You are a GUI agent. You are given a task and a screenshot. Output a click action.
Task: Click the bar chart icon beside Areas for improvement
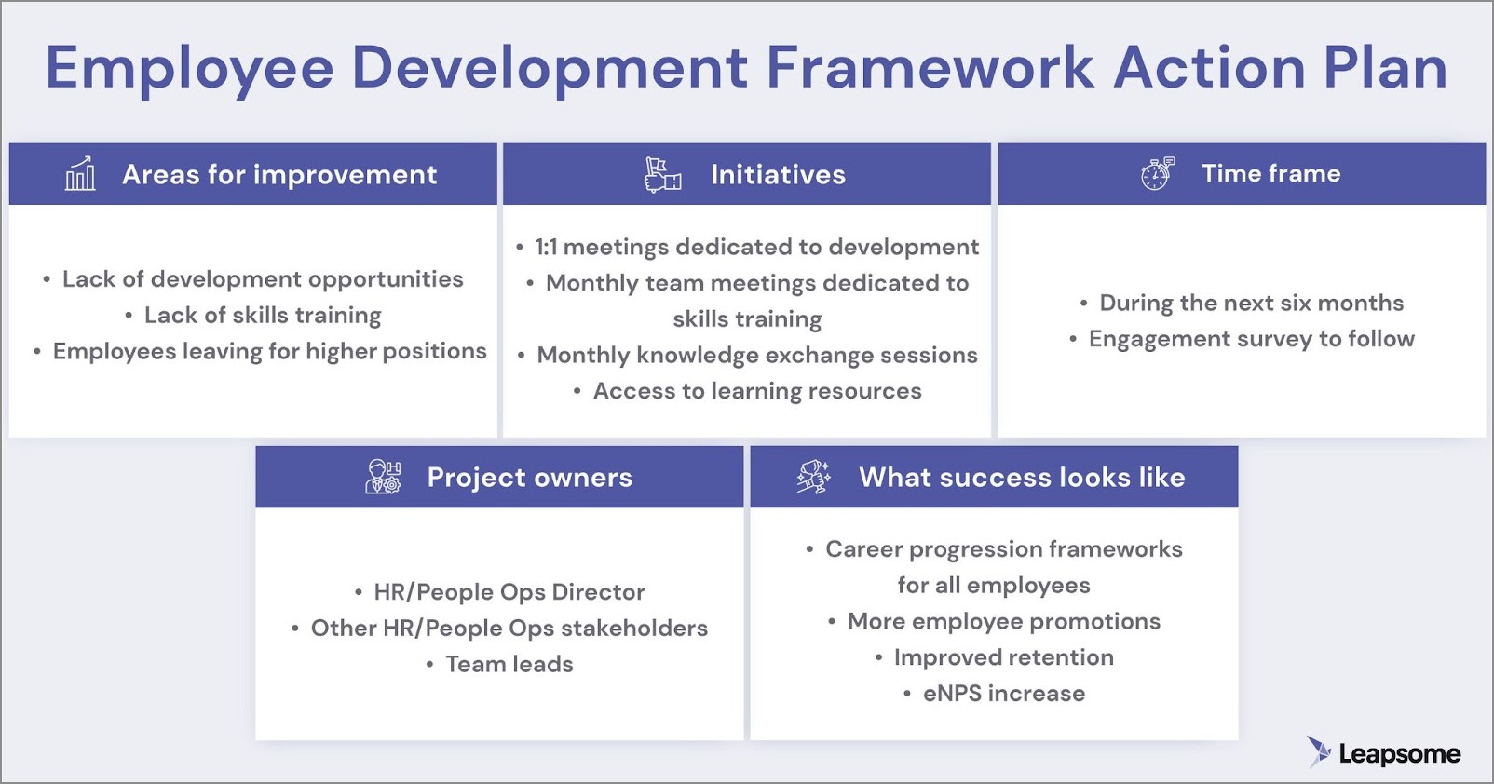tap(80, 174)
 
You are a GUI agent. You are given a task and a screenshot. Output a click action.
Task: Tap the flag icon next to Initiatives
tap(663, 175)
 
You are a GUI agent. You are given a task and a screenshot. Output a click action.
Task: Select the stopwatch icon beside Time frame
tap(1157, 173)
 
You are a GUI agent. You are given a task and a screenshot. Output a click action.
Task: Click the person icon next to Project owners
tap(383, 477)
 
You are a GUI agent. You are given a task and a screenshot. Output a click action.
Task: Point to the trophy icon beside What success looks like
tap(814, 477)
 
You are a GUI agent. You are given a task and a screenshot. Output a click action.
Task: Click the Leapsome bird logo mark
tap(1319, 752)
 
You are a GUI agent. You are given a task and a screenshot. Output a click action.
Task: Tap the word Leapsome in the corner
tap(1400, 754)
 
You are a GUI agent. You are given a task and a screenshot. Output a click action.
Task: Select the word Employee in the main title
tap(189, 70)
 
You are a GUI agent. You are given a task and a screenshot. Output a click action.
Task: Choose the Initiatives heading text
tap(779, 175)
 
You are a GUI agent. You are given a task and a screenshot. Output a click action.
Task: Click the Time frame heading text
tap(1271, 173)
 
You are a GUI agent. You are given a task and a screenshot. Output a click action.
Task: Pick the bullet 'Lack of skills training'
tap(263, 315)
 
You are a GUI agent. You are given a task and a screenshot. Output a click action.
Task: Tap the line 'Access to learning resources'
tap(757, 391)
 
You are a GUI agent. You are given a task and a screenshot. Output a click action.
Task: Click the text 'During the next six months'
tap(1252, 303)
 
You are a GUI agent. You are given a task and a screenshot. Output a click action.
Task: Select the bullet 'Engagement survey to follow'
tap(1252, 339)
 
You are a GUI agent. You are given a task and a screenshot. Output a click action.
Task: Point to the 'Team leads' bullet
tap(509, 664)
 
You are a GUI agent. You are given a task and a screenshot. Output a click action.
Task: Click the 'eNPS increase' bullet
tap(1004, 694)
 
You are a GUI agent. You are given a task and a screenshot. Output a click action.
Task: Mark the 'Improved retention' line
tap(1004, 657)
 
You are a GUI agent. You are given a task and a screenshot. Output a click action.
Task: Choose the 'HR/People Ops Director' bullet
tap(509, 592)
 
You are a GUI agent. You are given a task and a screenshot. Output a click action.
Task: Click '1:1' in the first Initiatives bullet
tap(546, 248)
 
